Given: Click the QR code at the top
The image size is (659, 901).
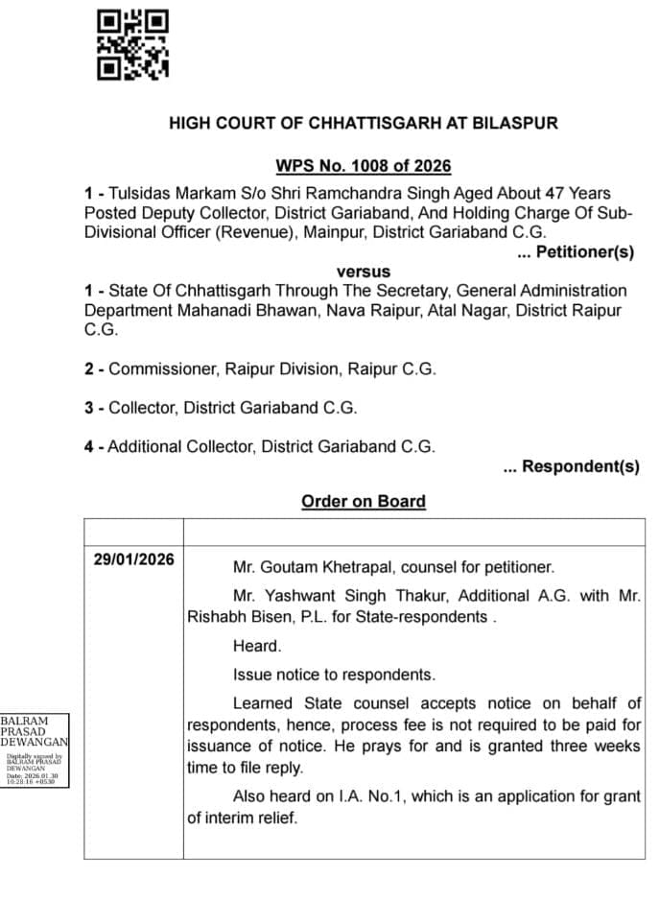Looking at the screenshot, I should [x=133, y=44].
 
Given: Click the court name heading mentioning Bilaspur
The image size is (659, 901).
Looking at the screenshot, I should [x=363, y=124].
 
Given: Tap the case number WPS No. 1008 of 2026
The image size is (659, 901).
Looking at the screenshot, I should [x=363, y=166].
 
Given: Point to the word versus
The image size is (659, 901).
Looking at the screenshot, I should [x=364, y=272].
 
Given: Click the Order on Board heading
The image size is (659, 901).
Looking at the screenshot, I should [x=363, y=501].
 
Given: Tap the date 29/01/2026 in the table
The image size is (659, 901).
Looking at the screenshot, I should [x=134, y=559].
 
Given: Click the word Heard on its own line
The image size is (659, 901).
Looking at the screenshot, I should [x=256, y=646].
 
